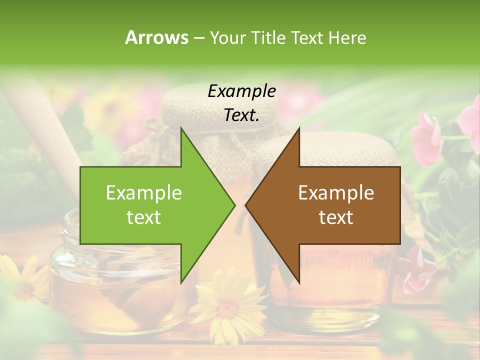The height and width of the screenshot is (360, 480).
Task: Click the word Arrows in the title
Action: click(156, 37)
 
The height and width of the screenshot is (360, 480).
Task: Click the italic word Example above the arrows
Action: click(242, 91)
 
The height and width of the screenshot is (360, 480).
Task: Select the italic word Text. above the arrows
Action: click(242, 115)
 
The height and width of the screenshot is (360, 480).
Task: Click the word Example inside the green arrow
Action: click(144, 192)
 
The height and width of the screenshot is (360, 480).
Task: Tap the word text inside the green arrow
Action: click(144, 217)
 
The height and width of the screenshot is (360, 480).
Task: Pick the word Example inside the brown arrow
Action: click(336, 192)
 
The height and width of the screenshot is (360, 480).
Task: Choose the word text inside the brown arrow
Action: click(336, 217)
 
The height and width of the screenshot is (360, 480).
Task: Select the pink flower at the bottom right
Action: click(417, 272)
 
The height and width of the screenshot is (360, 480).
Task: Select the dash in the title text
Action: click(198, 38)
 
